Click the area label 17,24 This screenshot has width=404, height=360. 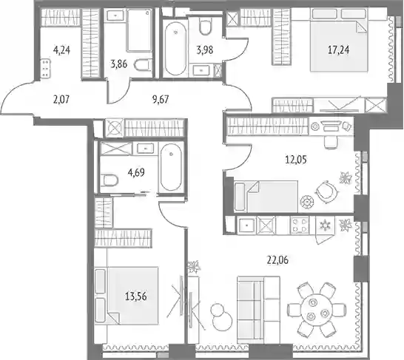click(339, 50)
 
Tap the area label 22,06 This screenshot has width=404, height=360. click(277, 260)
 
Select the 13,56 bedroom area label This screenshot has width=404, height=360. click(136, 296)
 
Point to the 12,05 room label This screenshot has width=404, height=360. click(296, 160)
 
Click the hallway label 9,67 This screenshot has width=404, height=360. click(161, 99)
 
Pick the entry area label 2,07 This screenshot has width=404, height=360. click(61, 99)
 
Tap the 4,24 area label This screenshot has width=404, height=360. click(61, 50)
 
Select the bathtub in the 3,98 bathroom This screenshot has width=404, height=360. click(175, 49)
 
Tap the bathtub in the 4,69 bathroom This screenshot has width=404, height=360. click(171, 167)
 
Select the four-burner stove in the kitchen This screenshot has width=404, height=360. click(300, 225)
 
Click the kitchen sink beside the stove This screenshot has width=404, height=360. click(246, 225)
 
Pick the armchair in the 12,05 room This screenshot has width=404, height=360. click(326, 191)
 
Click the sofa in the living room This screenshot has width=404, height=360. click(258, 310)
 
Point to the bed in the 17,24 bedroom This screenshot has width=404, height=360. click(339, 39)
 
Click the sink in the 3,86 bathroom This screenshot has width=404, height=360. click(115, 16)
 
